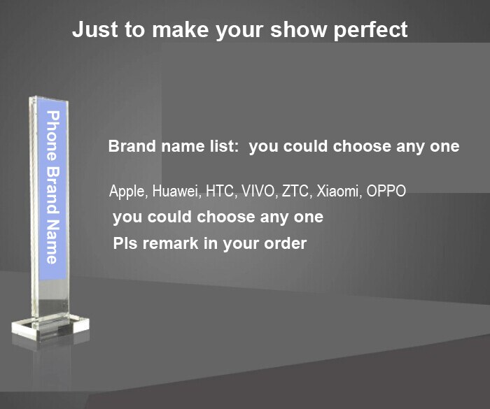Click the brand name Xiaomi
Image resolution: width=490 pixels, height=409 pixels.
(337, 191)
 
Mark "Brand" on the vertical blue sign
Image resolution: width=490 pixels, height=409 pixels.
(52, 189)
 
